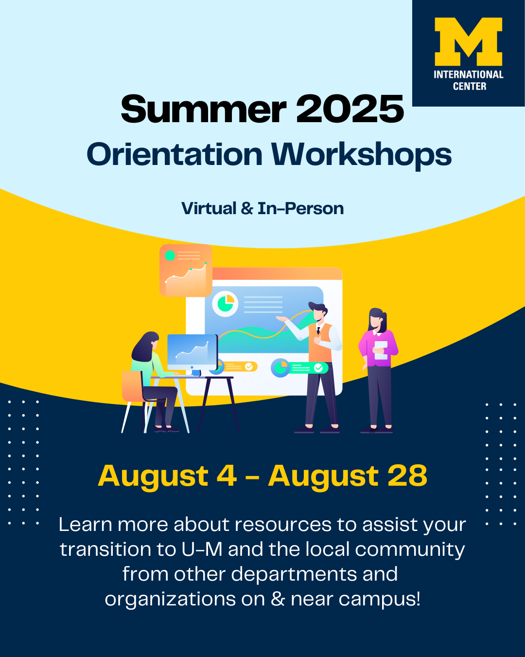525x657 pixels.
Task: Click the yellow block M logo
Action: pos(468,41)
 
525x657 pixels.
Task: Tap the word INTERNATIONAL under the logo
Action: pos(468,74)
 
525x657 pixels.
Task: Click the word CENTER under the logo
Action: pos(470,87)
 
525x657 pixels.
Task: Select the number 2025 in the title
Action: pos(350,109)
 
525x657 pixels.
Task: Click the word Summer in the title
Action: pos(204,109)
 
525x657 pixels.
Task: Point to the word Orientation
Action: pos(174,154)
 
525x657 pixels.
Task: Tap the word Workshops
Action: pos(362,155)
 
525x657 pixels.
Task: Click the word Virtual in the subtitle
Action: pos(209,208)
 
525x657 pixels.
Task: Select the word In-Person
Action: pos(301,208)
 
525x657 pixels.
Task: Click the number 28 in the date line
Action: pos(407,475)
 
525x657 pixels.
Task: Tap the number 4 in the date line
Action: pos(227,475)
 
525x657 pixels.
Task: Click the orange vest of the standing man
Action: pos(320,342)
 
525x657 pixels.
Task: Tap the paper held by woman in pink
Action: pos(381,350)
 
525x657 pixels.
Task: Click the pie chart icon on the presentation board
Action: pos(225,304)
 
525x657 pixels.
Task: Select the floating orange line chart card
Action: pos(186,271)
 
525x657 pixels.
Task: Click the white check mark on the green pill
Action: pos(318,367)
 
